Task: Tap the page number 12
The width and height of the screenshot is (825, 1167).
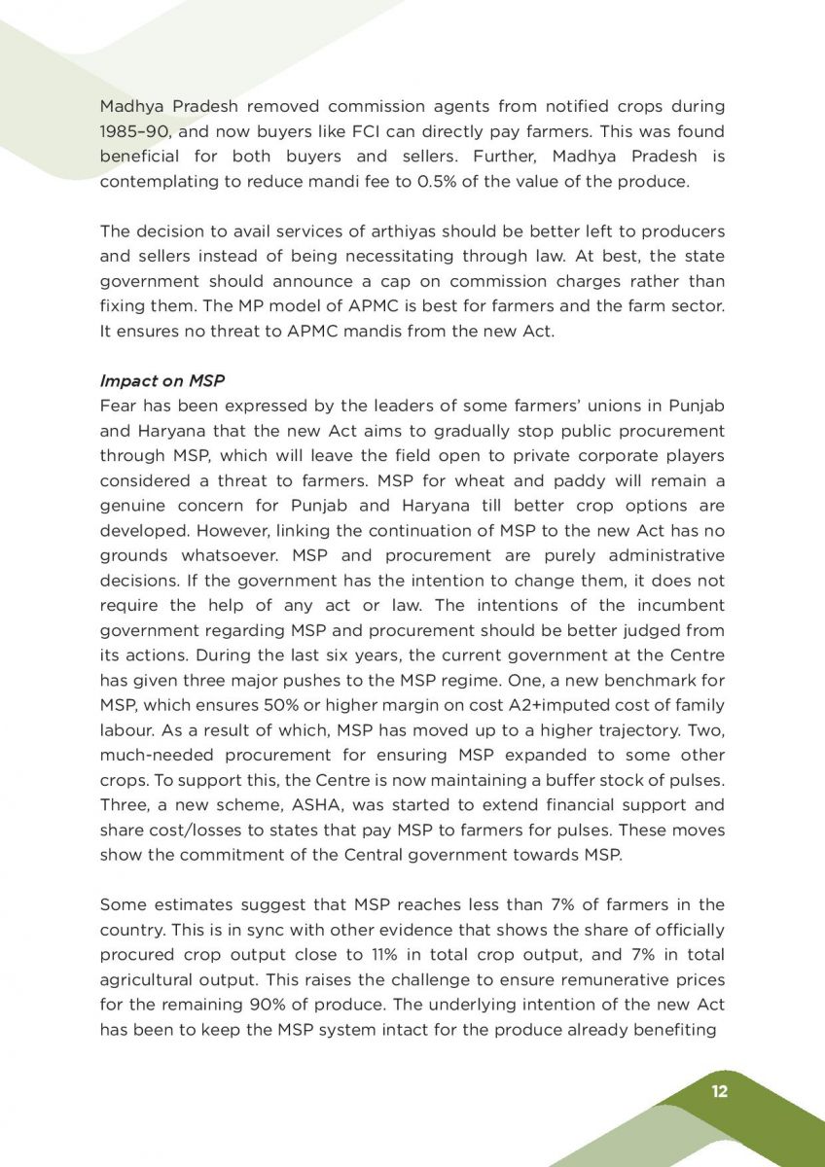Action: coord(719,1091)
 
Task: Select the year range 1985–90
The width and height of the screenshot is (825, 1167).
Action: coord(128,130)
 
